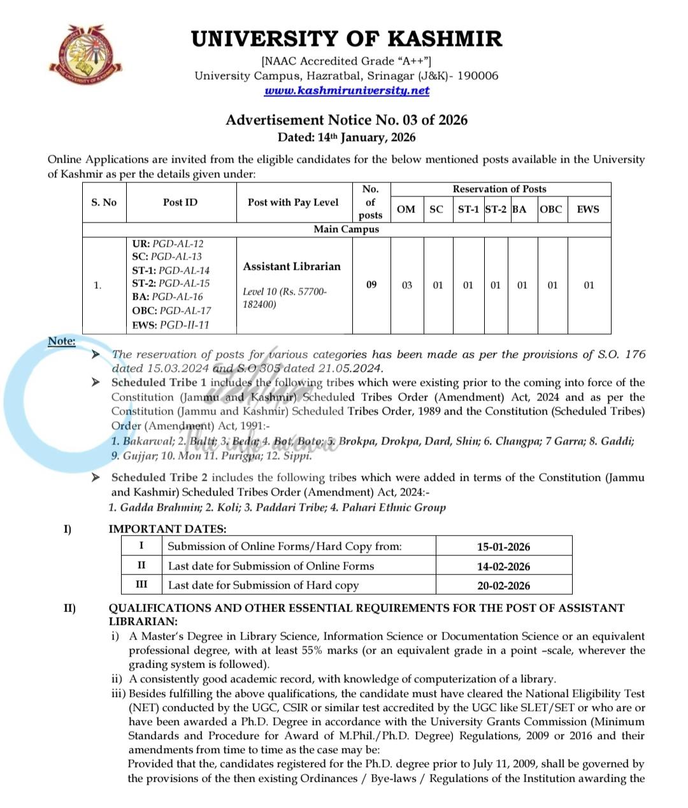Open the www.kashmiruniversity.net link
click(x=347, y=91)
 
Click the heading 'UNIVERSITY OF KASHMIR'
click(x=347, y=39)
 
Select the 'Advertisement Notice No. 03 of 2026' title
click(x=347, y=120)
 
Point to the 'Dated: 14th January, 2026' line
click(x=347, y=137)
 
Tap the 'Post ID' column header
click(x=180, y=202)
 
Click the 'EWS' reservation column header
click(x=587, y=209)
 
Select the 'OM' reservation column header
click(x=406, y=209)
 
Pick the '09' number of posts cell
click(x=371, y=284)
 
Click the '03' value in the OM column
click(x=406, y=285)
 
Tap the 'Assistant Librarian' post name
click(x=292, y=267)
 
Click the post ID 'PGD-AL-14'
click(x=183, y=270)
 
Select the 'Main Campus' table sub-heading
click(x=346, y=229)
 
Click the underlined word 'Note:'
click(x=62, y=341)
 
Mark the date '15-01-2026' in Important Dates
click(x=503, y=547)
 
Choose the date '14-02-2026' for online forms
click(x=503, y=566)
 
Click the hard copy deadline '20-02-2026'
click(x=503, y=585)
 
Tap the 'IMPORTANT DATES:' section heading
click(x=168, y=529)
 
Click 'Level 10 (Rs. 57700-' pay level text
click(x=285, y=291)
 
